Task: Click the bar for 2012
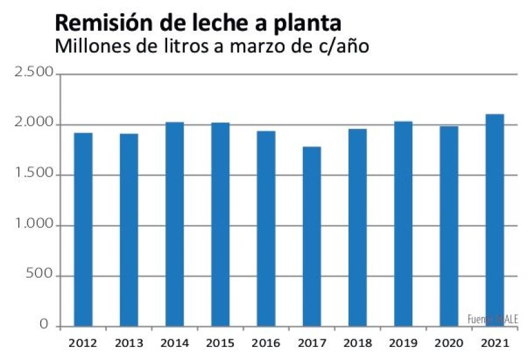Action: (x=83, y=229)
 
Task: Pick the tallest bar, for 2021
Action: (x=495, y=220)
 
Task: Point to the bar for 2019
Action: (x=403, y=224)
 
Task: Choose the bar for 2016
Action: (x=266, y=229)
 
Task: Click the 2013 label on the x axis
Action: (x=129, y=343)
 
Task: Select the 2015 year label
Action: (x=220, y=343)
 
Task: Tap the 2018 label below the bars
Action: (x=357, y=343)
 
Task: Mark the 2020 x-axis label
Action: (x=449, y=343)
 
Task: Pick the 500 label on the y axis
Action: (x=39, y=276)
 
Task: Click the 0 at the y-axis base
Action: (x=44, y=325)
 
